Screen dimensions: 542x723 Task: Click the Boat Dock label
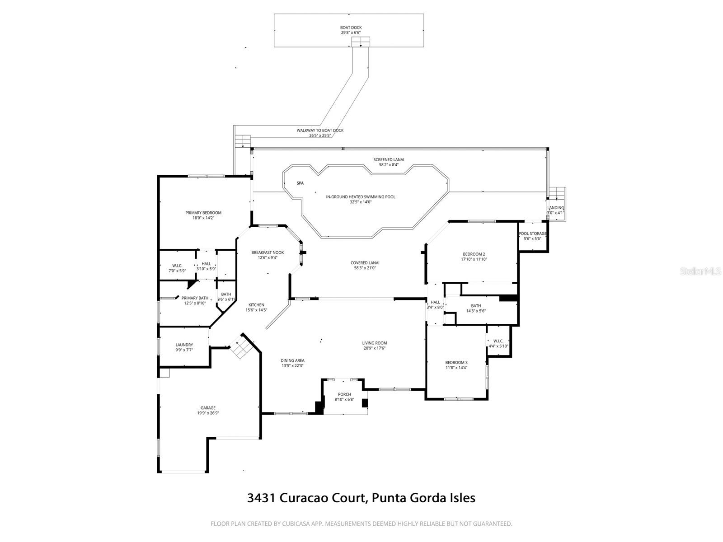click(x=351, y=28)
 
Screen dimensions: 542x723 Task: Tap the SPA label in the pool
click(x=300, y=183)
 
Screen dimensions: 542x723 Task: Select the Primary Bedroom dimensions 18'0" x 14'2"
click(x=203, y=218)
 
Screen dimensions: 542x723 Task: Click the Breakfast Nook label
click(x=268, y=252)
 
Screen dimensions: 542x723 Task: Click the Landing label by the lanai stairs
click(x=555, y=208)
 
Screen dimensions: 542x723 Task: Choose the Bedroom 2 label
click(x=474, y=254)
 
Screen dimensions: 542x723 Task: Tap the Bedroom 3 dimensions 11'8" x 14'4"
click(x=456, y=368)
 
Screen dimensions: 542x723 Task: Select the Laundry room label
click(x=184, y=345)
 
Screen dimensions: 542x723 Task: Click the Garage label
click(x=208, y=408)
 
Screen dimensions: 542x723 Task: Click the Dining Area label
click(x=293, y=360)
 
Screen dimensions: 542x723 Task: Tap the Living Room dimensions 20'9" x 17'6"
click(x=375, y=348)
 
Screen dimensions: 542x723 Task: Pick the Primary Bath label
click(x=195, y=298)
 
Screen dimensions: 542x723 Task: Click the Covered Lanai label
click(x=365, y=263)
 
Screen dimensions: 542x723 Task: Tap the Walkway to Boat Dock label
click(x=320, y=130)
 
